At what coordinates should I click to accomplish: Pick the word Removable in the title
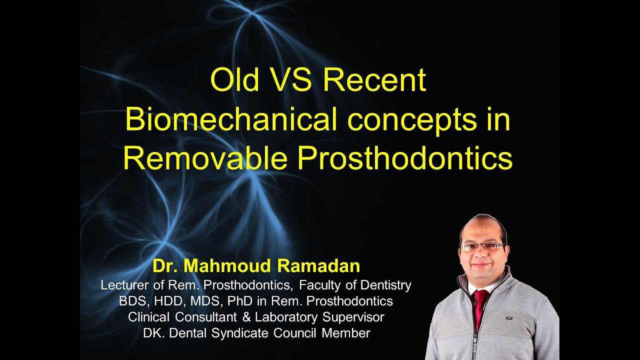tap(205, 158)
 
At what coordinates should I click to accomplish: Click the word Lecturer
tap(124, 285)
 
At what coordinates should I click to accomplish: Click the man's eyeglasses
tap(482, 247)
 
